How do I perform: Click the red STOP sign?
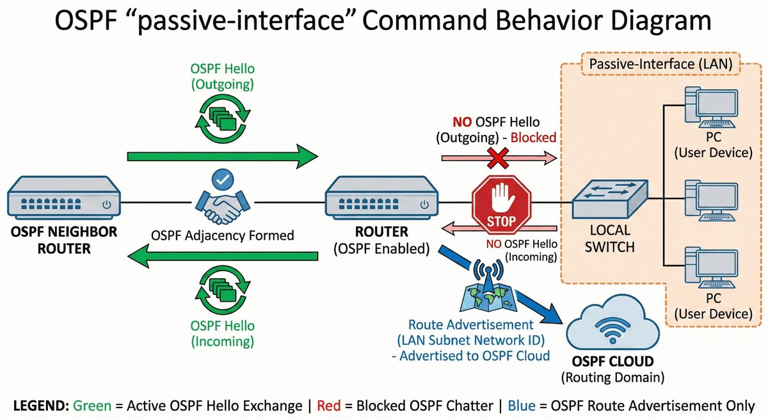click(x=501, y=205)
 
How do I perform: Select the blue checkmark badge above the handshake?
click(x=223, y=179)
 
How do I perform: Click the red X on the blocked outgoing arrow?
click(x=498, y=158)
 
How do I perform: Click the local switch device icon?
click(x=610, y=200)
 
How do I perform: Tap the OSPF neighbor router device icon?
click(x=64, y=198)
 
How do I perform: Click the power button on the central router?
click(x=424, y=205)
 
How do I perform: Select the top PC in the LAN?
click(x=712, y=107)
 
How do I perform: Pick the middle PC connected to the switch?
click(x=712, y=201)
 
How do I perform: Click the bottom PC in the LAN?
click(x=712, y=268)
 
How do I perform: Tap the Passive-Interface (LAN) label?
click(x=660, y=64)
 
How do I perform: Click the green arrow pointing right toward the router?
click(x=223, y=157)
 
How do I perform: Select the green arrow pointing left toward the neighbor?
click(x=223, y=256)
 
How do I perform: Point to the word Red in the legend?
click(x=329, y=406)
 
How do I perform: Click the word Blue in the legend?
click(x=522, y=406)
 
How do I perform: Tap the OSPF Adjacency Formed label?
click(x=223, y=235)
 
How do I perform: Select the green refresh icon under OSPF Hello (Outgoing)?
click(x=223, y=118)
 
